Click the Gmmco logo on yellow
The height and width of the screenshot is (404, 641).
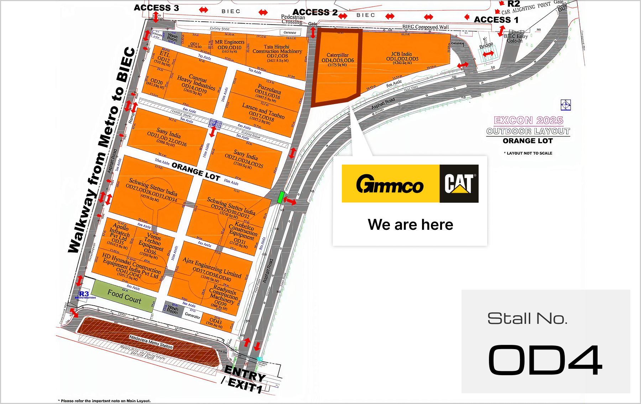click(x=390, y=184)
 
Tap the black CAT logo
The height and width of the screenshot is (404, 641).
click(x=459, y=184)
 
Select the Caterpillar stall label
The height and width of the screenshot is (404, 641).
click(x=338, y=58)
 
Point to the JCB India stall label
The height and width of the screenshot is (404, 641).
click(x=402, y=57)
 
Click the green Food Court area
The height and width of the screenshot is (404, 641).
click(x=124, y=296)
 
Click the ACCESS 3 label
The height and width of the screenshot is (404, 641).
click(x=156, y=8)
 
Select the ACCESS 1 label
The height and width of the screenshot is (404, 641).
click(x=496, y=20)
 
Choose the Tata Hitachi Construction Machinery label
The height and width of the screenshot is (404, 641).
click(x=277, y=51)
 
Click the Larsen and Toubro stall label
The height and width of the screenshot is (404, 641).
click(x=263, y=112)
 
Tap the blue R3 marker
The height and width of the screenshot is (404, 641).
click(x=84, y=294)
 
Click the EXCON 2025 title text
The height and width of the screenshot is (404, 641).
click(x=528, y=120)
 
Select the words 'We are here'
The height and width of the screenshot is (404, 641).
click(x=410, y=225)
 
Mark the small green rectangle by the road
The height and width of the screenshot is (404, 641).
click(x=281, y=197)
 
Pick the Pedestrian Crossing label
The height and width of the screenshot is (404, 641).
click(x=293, y=19)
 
